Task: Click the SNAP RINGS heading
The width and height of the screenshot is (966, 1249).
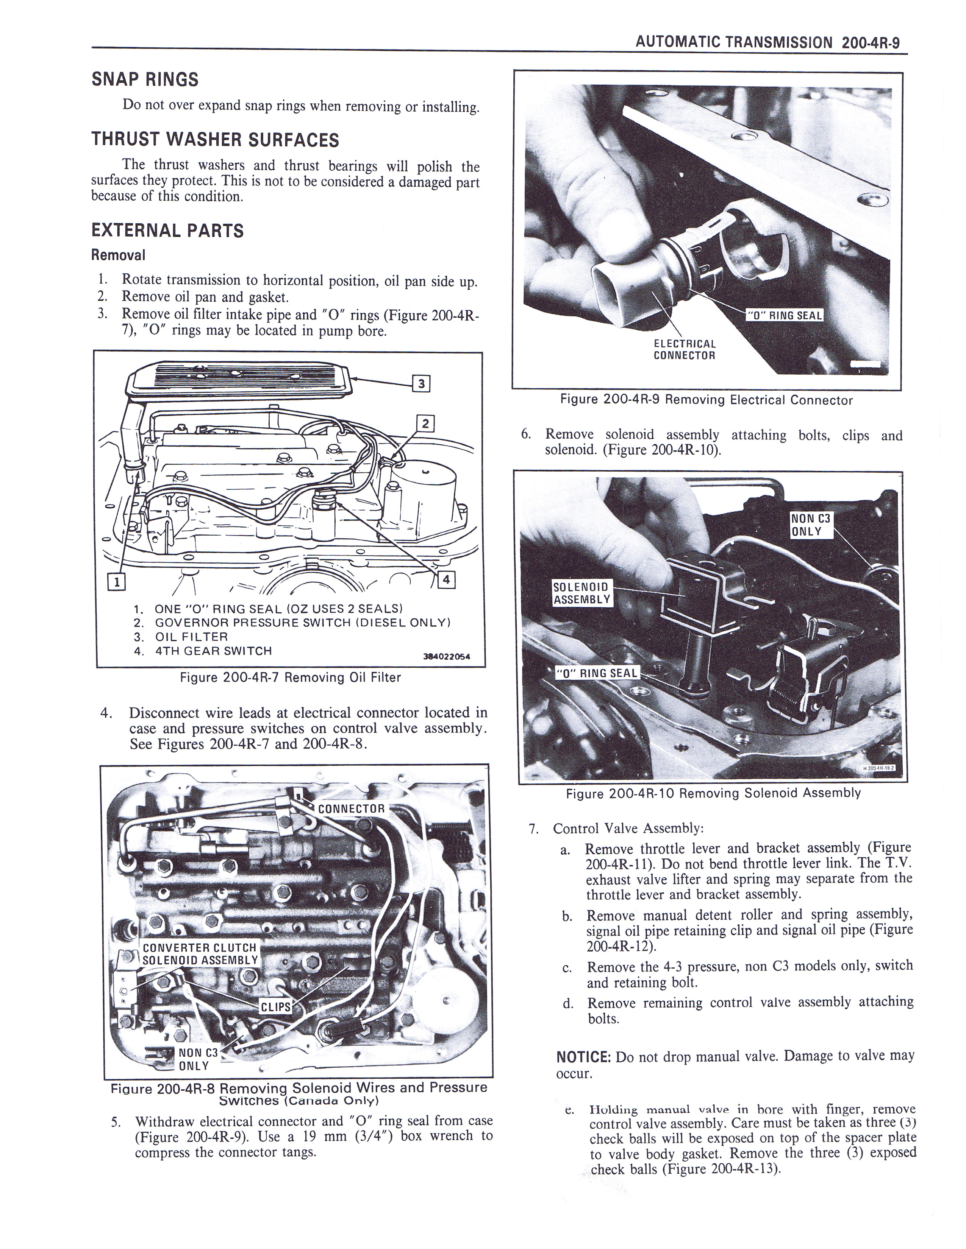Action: coord(145,79)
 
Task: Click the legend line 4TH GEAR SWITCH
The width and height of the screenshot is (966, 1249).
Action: coord(213,651)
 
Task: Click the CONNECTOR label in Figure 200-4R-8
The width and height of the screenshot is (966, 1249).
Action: coord(352,809)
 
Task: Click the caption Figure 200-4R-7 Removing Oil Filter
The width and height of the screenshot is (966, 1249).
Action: coord(290,678)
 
